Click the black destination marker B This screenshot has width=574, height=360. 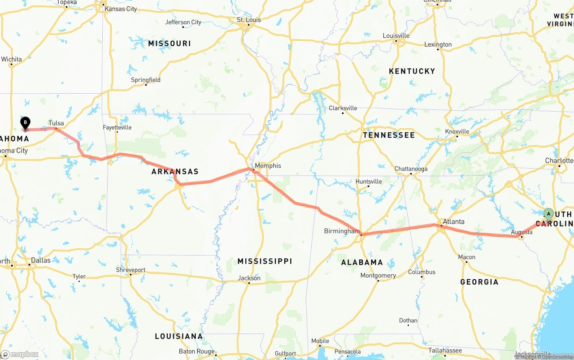(26, 122)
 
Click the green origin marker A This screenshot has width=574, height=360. (548, 213)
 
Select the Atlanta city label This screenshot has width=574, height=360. (453, 221)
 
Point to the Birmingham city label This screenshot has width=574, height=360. (342, 231)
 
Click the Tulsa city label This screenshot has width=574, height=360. (56, 123)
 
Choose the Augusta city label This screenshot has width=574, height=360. (522, 232)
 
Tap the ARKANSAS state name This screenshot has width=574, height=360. (175, 172)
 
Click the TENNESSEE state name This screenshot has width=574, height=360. (389, 135)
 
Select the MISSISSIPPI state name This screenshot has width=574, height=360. (265, 261)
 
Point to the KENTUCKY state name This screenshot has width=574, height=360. (412, 71)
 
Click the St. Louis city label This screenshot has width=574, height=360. (249, 20)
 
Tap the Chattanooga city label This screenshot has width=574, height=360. (411, 169)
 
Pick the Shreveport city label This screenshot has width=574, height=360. (130, 270)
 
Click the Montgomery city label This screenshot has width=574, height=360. (378, 276)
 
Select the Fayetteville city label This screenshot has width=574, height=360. (117, 127)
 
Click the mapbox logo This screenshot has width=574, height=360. (20, 354)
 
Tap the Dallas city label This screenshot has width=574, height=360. (41, 260)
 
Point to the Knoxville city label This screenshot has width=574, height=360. (457, 131)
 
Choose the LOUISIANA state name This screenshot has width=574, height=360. (178, 336)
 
